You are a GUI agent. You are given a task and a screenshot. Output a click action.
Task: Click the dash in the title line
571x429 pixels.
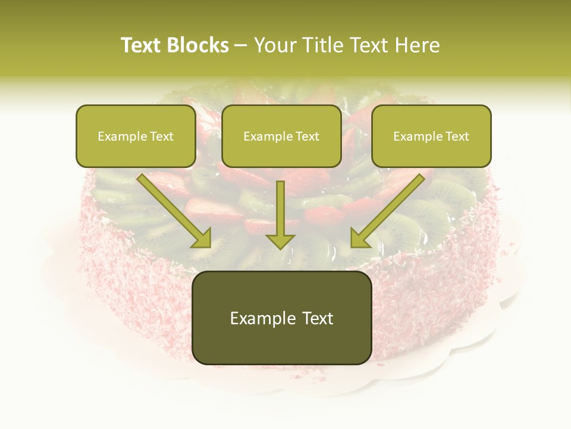[x=241, y=46]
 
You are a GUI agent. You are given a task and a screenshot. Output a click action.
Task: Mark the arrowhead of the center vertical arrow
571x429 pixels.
[x=280, y=241]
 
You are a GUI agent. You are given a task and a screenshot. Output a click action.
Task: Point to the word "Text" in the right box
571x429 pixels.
[x=457, y=136]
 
